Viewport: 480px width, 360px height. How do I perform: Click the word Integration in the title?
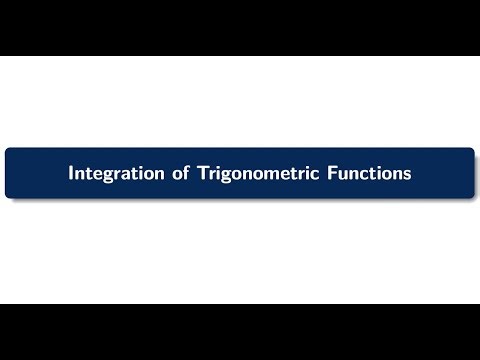click(x=111, y=173)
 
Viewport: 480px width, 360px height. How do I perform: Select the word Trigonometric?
click(x=251, y=173)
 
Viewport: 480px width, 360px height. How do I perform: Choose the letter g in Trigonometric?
click(x=220, y=176)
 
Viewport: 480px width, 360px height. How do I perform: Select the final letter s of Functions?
click(x=407, y=174)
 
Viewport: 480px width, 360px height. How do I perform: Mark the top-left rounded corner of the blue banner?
click(x=9, y=151)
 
